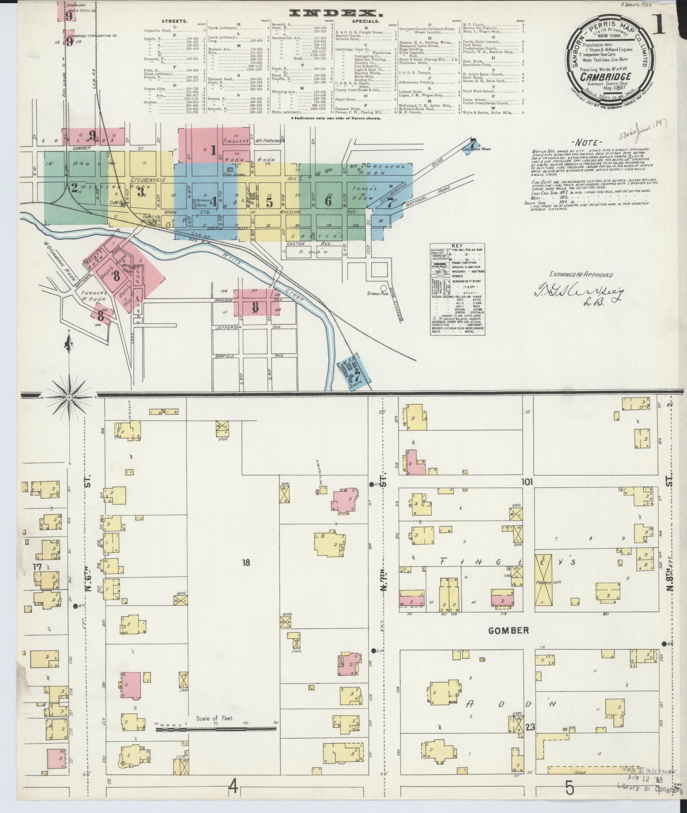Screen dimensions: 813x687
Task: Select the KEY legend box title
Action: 457,245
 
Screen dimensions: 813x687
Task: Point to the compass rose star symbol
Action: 69,397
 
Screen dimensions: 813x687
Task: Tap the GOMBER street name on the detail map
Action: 508,643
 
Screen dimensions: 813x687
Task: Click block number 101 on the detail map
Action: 527,482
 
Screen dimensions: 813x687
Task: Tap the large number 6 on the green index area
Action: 328,201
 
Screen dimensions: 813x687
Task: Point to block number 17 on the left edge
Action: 38,567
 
